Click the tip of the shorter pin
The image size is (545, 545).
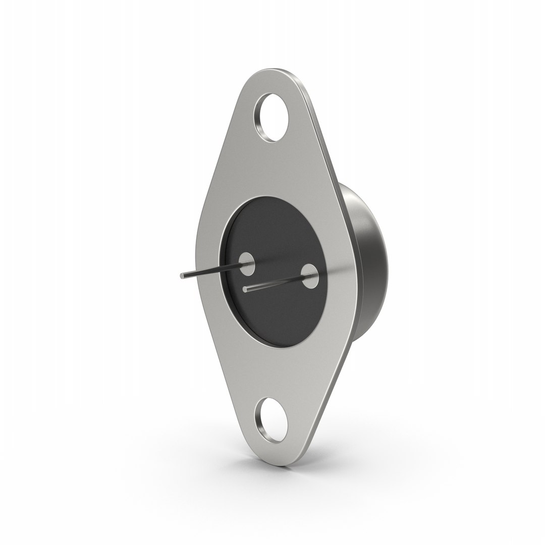pos(245,289)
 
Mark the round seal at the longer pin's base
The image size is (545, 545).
pos(247,263)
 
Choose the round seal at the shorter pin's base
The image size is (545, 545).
pos(308,276)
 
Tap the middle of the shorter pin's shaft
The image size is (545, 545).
pos(275,284)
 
